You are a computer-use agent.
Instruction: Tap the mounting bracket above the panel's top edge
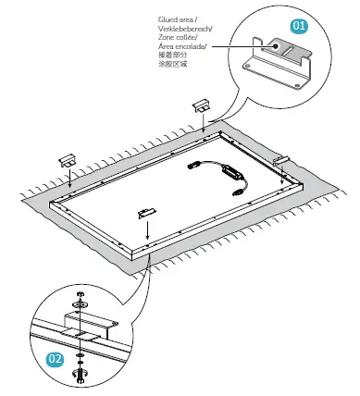[x=202, y=103]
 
